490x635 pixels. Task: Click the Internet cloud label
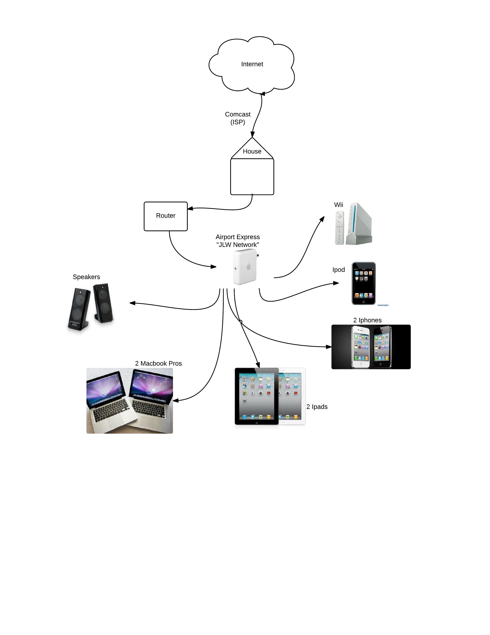[252, 64]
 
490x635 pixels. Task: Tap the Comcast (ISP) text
[238, 118]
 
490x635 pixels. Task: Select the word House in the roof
[252, 151]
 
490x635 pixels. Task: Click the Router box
[166, 216]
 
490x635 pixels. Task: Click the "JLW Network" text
[238, 245]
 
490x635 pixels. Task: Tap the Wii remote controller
[339, 228]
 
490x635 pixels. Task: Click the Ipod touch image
[363, 284]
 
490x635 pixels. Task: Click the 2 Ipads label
[317, 407]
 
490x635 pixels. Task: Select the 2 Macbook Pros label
[158, 363]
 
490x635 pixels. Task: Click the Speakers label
[86, 277]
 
